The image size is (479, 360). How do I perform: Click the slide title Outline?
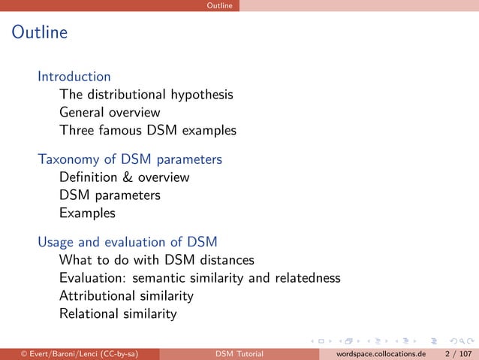39,33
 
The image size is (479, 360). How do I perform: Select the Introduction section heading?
74,77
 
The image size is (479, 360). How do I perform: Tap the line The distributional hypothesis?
146,95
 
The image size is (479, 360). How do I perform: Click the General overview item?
110,113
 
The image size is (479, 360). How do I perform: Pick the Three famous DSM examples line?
148,131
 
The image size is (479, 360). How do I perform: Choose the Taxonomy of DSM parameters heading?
130,159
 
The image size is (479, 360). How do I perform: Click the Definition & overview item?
124,177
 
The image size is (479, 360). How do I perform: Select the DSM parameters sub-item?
110,195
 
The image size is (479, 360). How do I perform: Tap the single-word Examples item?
87,213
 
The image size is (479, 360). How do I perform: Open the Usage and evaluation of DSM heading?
128,242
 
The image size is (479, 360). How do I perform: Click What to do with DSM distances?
156,260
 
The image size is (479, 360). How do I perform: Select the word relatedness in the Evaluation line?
306,278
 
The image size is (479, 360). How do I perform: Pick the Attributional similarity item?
126,296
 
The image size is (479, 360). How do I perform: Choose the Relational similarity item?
118,314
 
